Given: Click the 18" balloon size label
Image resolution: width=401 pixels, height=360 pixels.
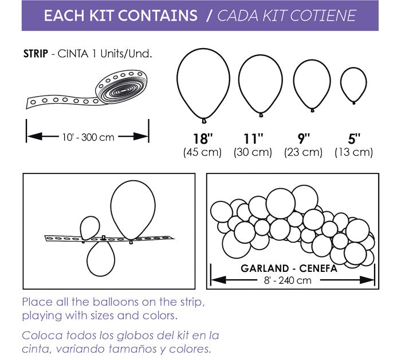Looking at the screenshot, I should point(202,139).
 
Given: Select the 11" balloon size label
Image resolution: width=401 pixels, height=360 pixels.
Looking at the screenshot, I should point(253,139).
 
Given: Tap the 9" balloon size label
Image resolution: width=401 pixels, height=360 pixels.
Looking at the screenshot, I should point(304,139).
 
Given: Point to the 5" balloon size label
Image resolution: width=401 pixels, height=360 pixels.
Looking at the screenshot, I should point(354,139).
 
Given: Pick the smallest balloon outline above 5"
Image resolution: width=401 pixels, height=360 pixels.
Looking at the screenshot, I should point(353,84).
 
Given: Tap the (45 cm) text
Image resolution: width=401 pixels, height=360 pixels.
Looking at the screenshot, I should point(202,152).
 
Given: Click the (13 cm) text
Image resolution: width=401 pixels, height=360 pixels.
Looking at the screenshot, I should point(354,152).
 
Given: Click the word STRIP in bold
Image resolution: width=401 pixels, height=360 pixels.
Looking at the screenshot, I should point(36,54).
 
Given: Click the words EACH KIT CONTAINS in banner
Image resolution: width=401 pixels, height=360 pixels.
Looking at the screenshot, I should point(121,15).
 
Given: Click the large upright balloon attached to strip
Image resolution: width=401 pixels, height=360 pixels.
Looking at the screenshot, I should point(133,209).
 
